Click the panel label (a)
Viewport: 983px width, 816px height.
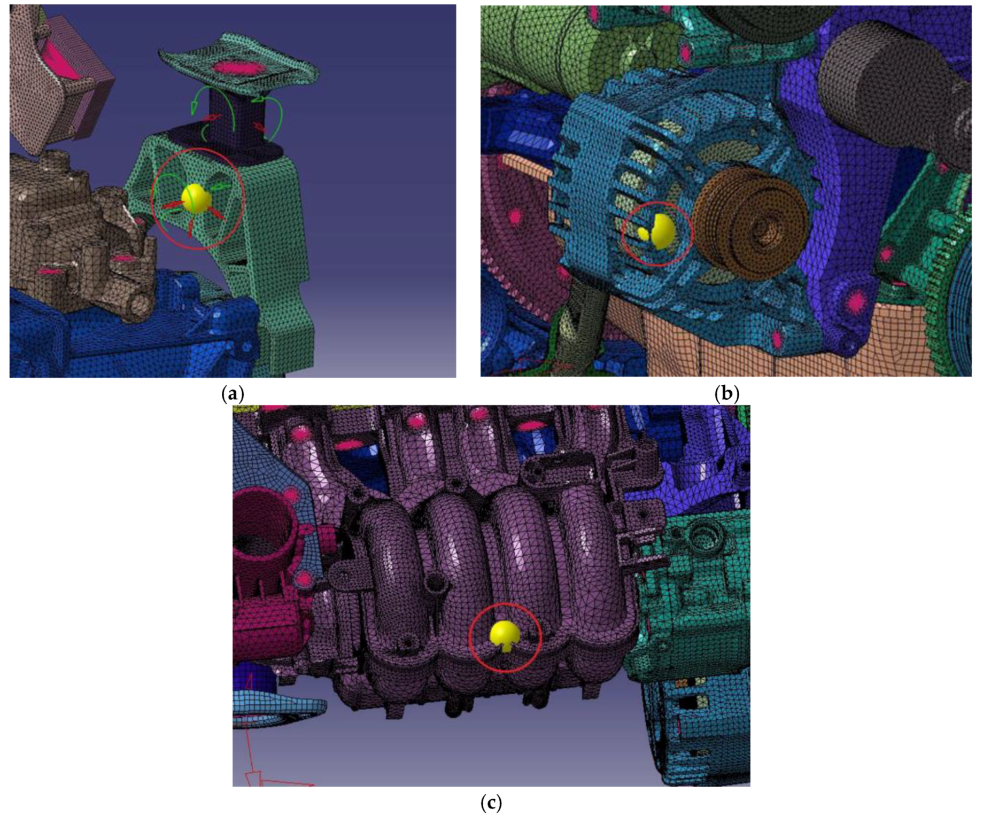click(x=233, y=394)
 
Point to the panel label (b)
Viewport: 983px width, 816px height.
click(x=726, y=394)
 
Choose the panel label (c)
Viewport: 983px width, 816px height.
click(x=491, y=802)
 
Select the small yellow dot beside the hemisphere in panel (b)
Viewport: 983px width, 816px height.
click(x=643, y=234)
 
